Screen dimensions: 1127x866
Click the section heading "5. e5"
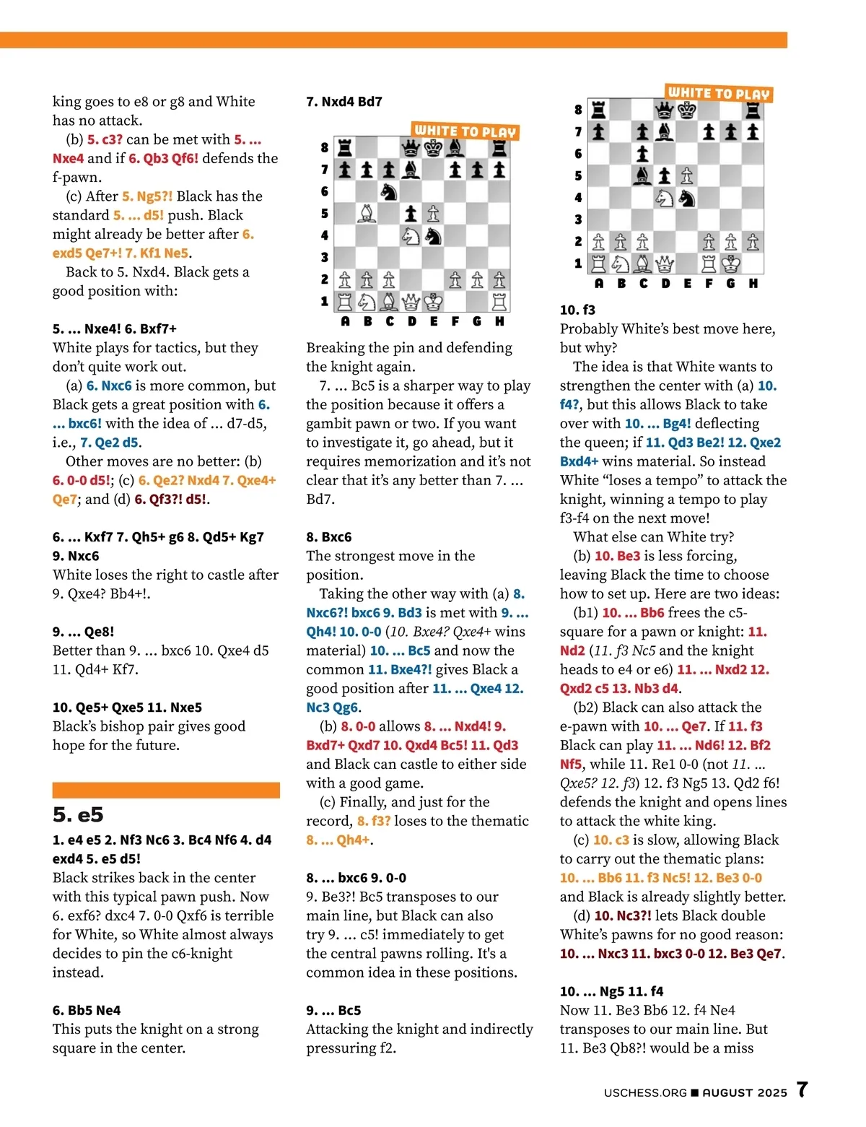78,815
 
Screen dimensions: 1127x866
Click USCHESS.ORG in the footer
645,1093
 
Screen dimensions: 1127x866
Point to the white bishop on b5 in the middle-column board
367,213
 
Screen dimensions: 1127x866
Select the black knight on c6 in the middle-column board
389,191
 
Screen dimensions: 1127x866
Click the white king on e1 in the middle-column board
433,301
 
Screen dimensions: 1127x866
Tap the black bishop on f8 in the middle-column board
455,148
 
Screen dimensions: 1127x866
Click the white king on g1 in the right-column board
731,264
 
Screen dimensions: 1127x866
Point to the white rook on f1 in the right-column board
709,264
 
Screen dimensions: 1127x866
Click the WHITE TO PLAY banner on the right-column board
719,93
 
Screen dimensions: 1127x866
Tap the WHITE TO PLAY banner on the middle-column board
465,131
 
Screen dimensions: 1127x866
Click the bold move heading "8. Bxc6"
329,537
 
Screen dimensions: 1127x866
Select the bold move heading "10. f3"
577,310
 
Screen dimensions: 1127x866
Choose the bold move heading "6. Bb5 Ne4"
87,1010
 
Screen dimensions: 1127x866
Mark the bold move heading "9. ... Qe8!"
83,632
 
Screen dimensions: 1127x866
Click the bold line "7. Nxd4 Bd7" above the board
344,102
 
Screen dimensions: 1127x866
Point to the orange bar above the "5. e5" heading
166,790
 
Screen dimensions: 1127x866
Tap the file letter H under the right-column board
753,284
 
